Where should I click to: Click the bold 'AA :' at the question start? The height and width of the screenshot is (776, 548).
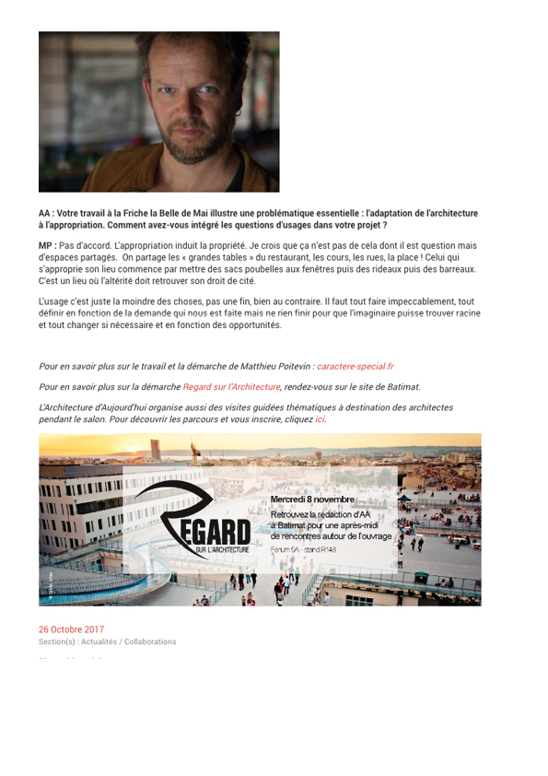pyautogui.click(x=46, y=214)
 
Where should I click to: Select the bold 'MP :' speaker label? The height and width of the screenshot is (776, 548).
pyautogui.click(x=47, y=246)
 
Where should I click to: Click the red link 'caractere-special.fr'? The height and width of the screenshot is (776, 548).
pyautogui.click(x=355, y=366)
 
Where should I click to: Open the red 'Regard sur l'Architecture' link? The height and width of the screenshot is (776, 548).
pyautogui.click(x=231, y=387)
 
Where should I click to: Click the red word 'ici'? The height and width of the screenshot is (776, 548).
pyautogui.click(x=320, y=419)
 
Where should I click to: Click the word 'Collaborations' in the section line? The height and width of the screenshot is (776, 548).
pyautogui.click(x=150, y=641)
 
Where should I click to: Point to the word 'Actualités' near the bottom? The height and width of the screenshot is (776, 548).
pyautogui.click(x=99, y=641)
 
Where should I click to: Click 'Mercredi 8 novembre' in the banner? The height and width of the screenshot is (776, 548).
pyautogui.click(x=311, y=500)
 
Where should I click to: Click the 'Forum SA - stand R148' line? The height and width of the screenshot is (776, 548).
pyautogui.click(x=303, y=549)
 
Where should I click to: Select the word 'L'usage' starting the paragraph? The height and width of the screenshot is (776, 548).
pyautogui.click(x=53, y=301)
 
